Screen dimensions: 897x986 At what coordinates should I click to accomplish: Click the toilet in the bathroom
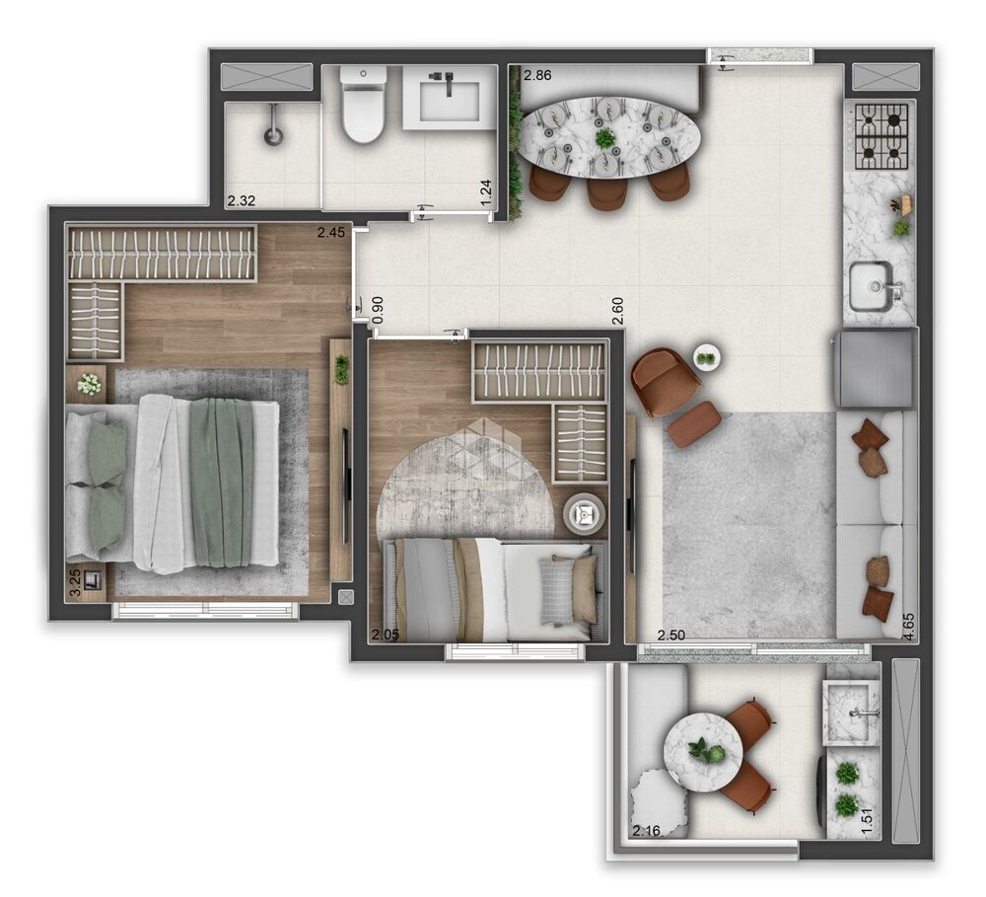(362, 107)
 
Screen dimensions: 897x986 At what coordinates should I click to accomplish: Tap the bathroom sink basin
(449, 98)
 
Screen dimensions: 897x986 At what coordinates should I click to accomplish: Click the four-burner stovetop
(880, 136)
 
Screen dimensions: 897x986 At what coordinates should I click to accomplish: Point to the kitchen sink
(872, 285)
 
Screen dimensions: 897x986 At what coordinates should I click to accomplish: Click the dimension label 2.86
(538, 75)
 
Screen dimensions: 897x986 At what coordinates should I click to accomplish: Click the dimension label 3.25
(75, 583)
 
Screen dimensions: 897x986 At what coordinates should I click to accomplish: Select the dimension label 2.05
(385, 635)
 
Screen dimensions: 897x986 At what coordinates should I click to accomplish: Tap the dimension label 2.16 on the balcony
(648, 831)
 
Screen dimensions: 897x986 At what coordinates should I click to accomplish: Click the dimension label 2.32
(242, 201)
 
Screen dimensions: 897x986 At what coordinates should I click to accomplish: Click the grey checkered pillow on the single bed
(557, 593)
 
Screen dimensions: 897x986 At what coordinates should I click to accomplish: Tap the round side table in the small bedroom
(585, 513)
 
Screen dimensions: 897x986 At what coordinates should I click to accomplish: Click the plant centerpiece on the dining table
(604, 136)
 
